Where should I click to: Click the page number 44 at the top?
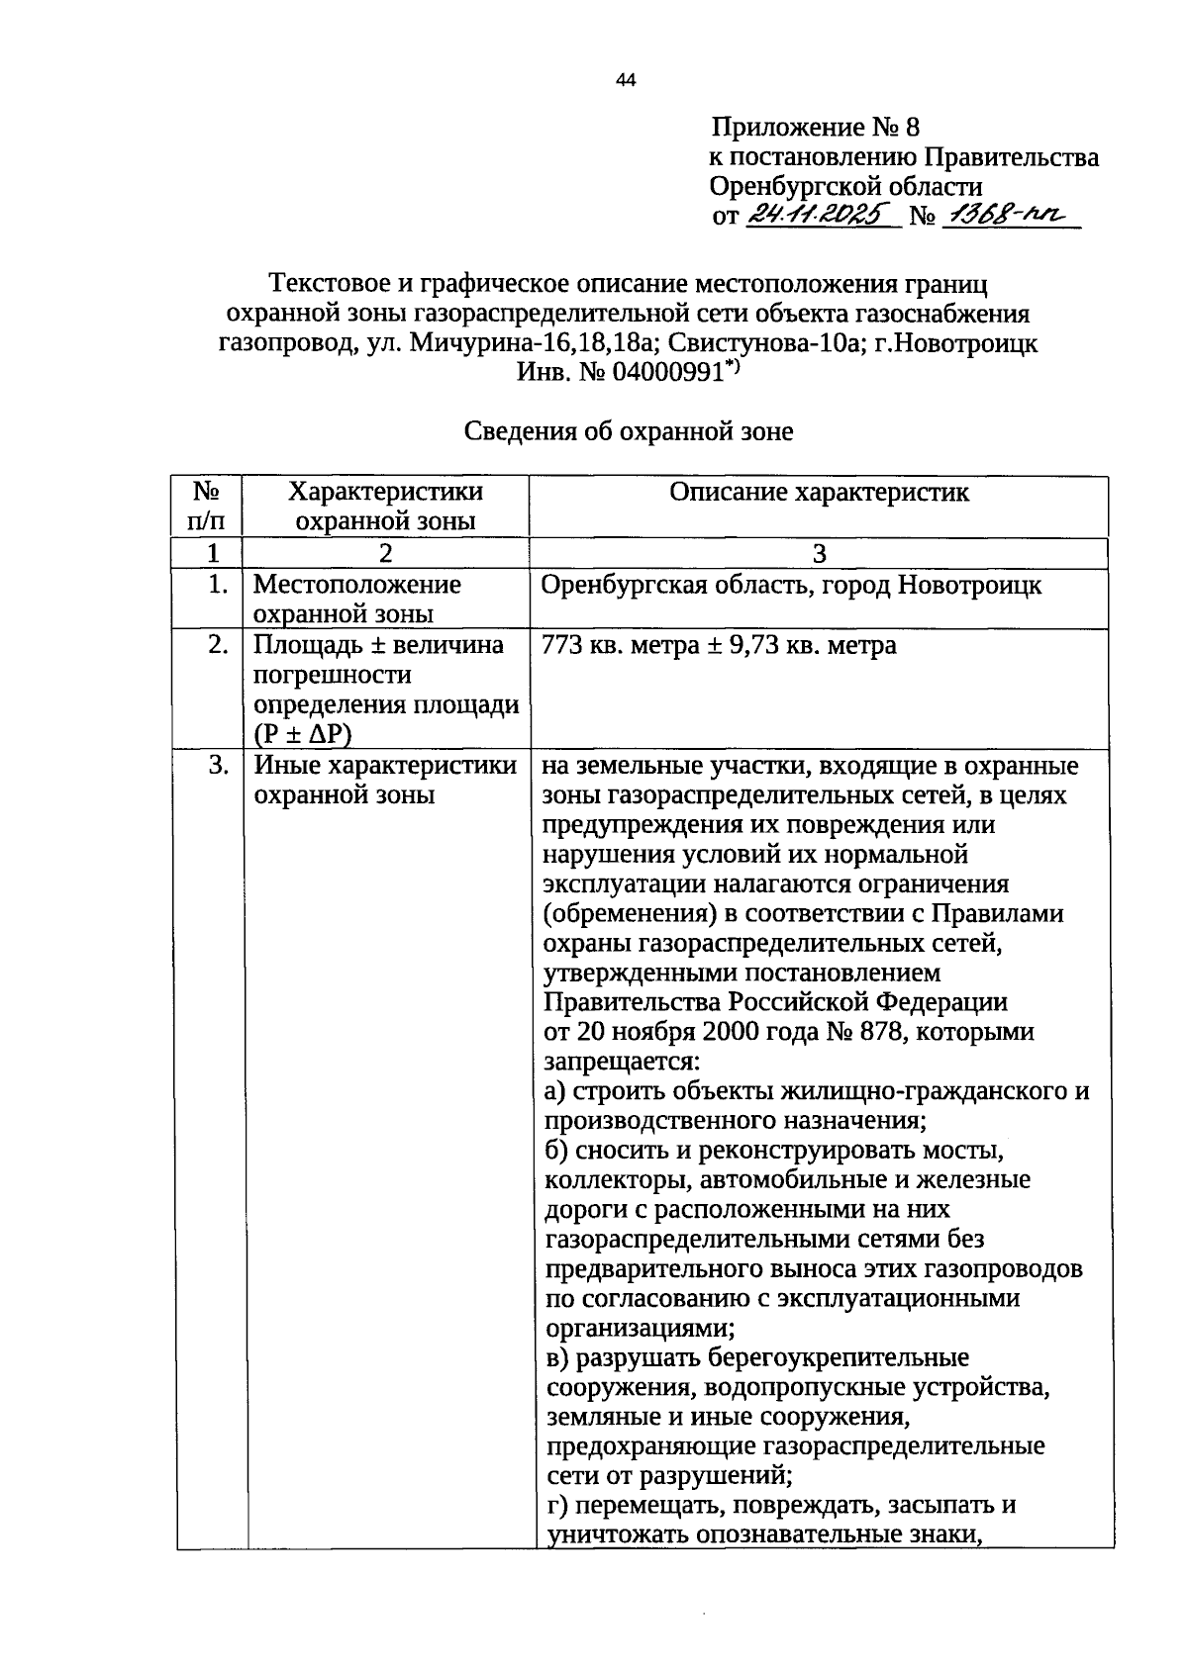[625, 81]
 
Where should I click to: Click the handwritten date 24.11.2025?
[818, 215]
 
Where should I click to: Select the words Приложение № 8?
[815, 127]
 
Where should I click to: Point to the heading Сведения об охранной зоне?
[629, 431]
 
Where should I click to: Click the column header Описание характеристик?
[819, 492]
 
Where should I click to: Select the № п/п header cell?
[206, 506]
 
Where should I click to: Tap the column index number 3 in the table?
[819, 554]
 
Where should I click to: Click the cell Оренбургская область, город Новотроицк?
[791, 586]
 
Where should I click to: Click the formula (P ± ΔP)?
[303, 734]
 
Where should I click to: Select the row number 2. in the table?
[218, 646]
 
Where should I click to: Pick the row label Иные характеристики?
[385, 765]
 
